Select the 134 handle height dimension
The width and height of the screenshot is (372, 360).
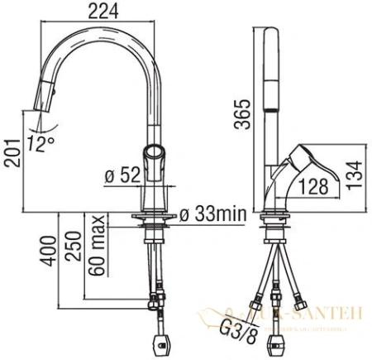[x=353, y=175]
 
